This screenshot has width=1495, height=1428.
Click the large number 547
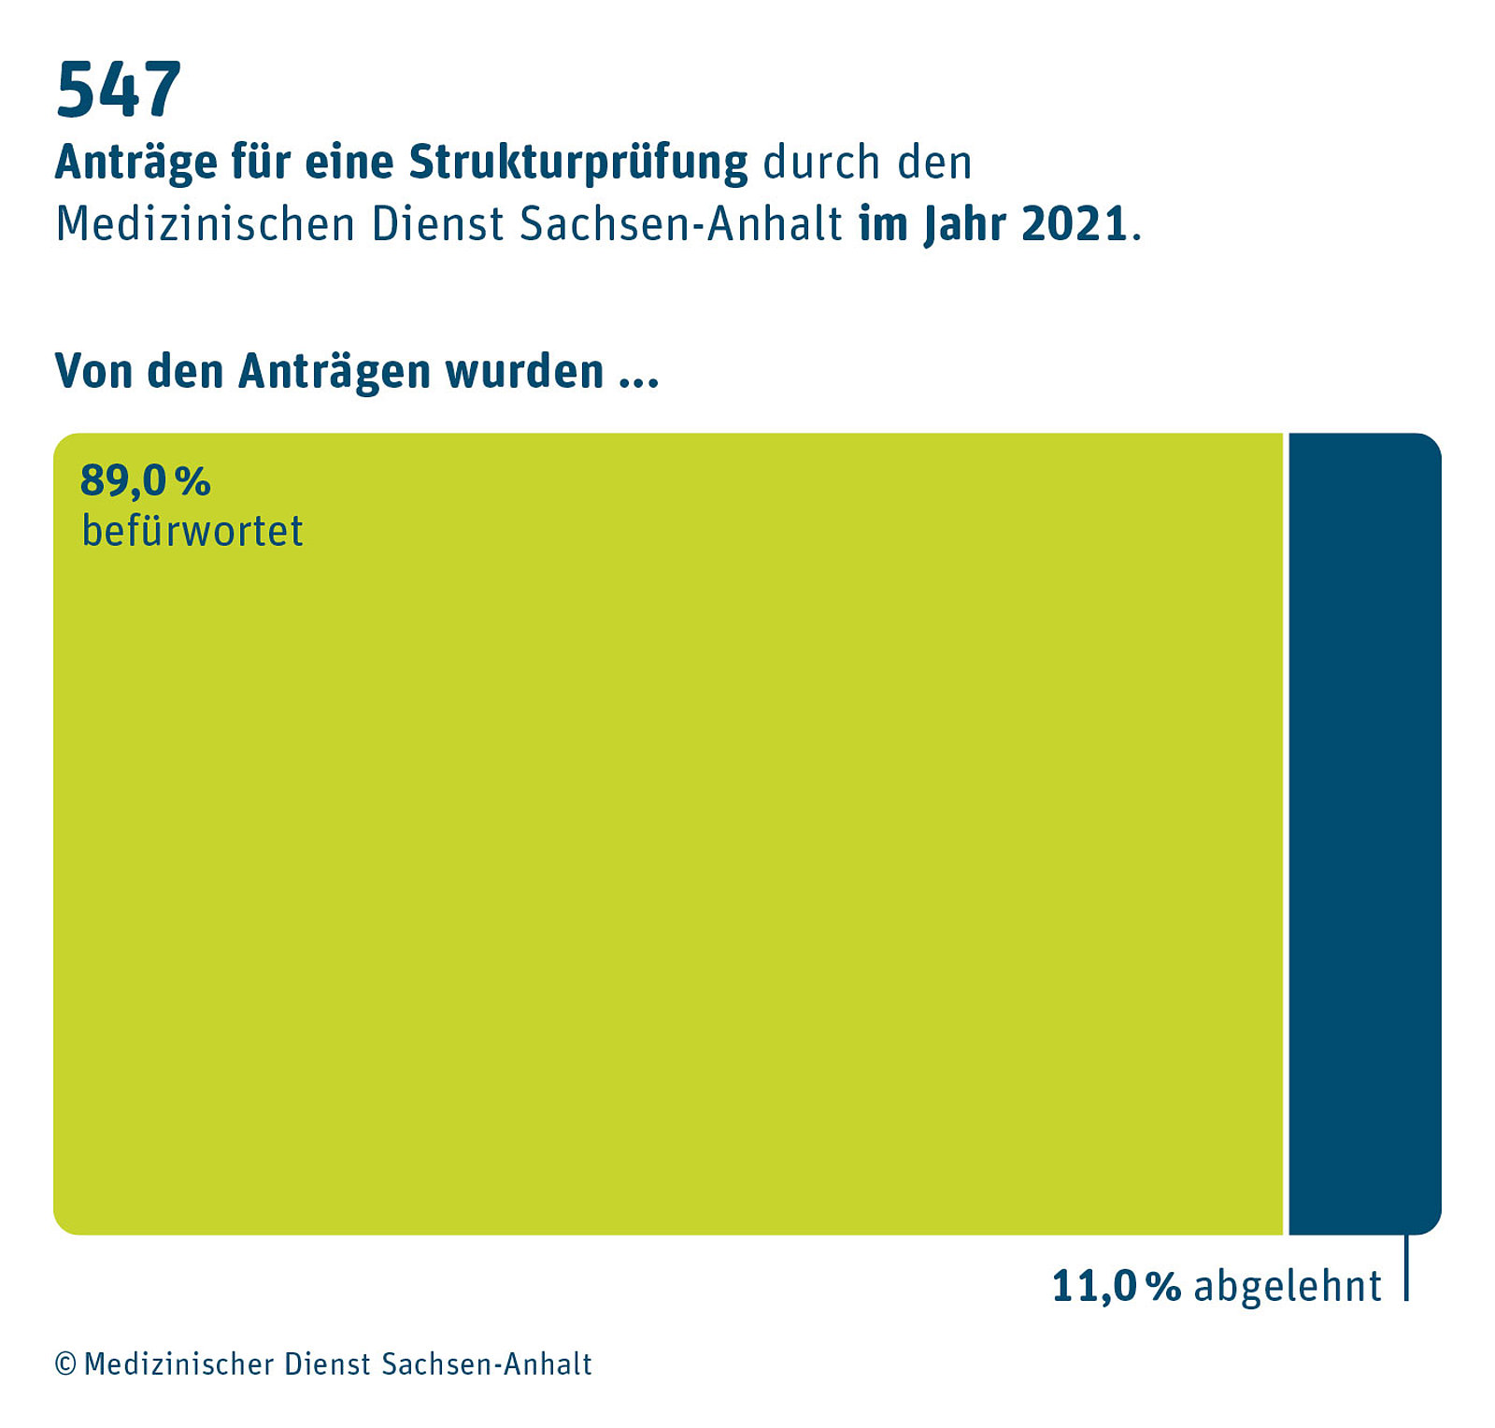(119, 90)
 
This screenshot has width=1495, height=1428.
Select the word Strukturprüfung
(578, 163)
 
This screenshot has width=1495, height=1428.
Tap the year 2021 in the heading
(1075, 224)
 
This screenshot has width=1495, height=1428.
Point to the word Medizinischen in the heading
(206, 224)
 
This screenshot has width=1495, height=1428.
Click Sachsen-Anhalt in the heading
(681, 224)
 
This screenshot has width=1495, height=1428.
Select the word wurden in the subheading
(524, 372)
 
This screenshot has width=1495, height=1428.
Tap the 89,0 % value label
(146, 481)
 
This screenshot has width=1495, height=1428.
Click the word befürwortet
(192, 531)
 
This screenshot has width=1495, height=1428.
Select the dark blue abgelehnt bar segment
(1364, 832)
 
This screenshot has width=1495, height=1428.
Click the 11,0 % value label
(1117, 1286)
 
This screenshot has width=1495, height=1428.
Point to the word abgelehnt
(1288, 1286)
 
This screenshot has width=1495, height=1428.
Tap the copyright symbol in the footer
(65, 1364)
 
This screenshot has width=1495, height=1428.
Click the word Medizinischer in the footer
(179, 1364)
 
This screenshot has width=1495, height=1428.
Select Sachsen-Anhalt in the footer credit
(487, 1364)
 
